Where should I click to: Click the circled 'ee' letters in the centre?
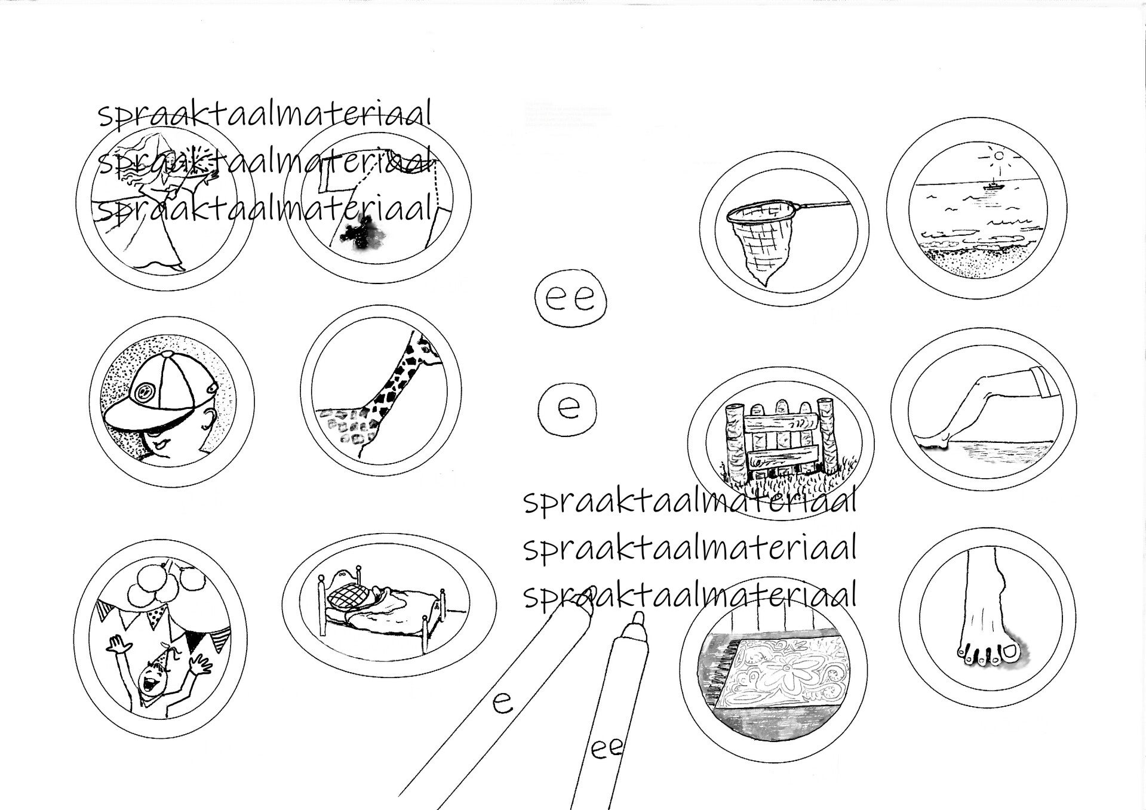[570, 298]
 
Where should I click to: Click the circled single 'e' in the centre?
[568, 407]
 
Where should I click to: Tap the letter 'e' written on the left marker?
[502, 703]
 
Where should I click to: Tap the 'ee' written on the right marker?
[607, 747]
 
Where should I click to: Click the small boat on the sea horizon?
[992, 186]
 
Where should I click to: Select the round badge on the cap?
[143, 391]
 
